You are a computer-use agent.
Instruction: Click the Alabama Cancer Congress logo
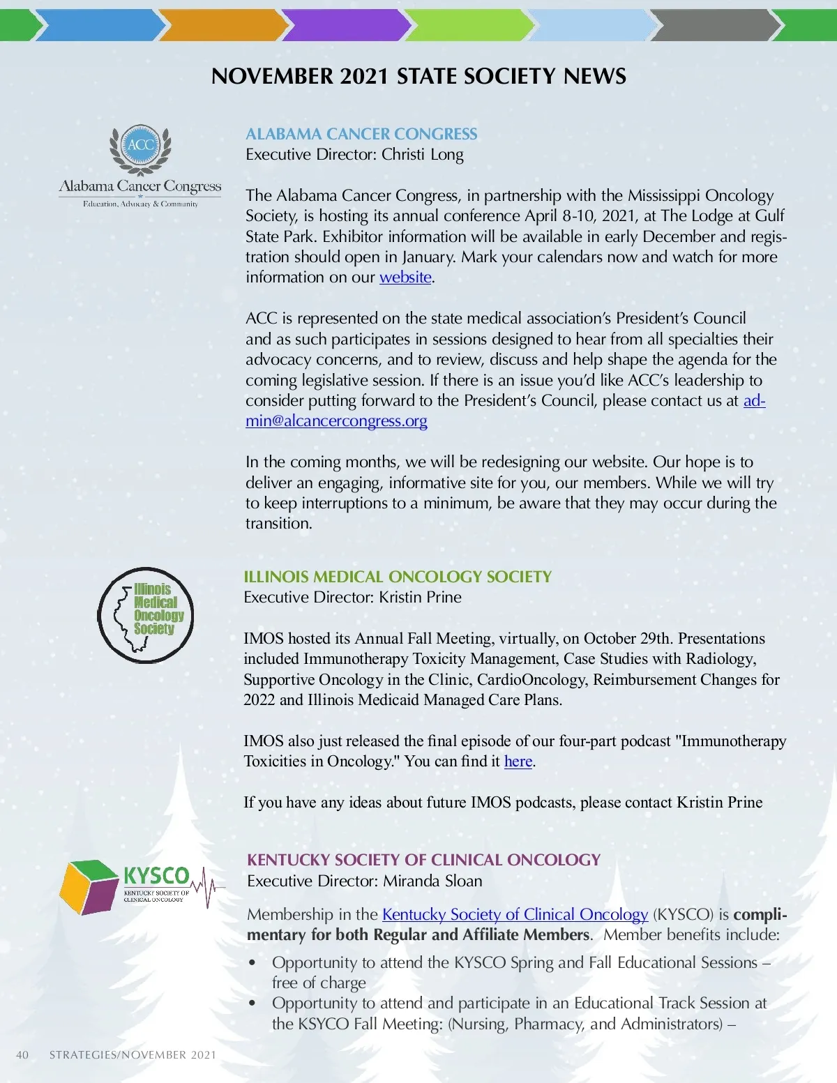click(140, 166)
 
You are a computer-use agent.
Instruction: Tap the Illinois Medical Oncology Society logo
click(146, 614)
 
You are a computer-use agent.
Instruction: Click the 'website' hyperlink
click(405, 278)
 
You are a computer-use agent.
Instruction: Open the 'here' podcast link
click(518, 762)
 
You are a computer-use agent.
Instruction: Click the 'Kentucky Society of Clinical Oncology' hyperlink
click(515, 914)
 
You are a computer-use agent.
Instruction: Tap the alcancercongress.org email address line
click(336, 421)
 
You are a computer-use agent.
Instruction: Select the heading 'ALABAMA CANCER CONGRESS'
click(361, 134)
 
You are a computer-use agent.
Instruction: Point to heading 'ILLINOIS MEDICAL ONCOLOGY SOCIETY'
click(398, 577)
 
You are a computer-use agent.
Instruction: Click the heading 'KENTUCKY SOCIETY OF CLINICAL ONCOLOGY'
click(423, 860)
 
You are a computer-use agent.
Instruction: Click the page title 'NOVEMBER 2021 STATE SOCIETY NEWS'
click(418, 76)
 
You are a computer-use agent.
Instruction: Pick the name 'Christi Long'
click(423, 155)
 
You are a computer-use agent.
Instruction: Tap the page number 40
click(22, 1054)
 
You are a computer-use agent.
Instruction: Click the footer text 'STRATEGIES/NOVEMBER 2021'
click(133, 1054)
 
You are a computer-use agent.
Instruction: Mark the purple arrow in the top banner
click(345, 26)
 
